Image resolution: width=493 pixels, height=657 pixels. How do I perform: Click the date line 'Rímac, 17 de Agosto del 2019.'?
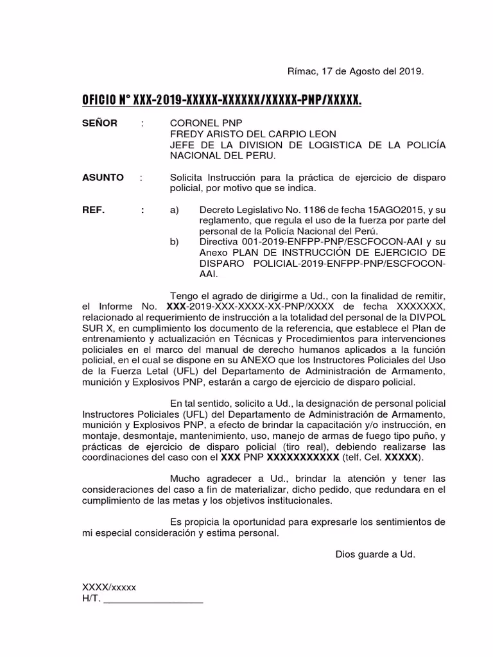(354, 71)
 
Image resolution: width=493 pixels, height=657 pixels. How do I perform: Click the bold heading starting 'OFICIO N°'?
(221, 100)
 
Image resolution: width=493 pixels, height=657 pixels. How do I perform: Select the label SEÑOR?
(99, 123)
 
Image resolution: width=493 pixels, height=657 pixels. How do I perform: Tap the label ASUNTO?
(103, 177)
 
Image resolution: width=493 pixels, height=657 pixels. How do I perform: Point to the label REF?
(93, 210)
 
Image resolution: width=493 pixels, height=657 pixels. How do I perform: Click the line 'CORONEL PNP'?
(197, 123)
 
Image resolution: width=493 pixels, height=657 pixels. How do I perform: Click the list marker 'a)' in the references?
(174, 210)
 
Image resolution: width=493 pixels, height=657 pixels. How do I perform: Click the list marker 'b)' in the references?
(174, 243)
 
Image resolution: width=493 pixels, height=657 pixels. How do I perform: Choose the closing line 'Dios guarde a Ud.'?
(375, 554)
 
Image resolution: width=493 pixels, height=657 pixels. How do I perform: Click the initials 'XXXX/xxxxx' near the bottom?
(108, 588)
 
